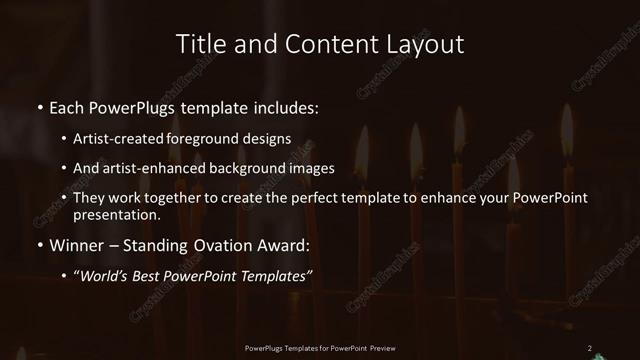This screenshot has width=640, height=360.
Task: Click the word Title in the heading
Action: (x=199, y=44)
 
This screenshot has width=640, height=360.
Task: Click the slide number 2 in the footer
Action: (x=590, y=348)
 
